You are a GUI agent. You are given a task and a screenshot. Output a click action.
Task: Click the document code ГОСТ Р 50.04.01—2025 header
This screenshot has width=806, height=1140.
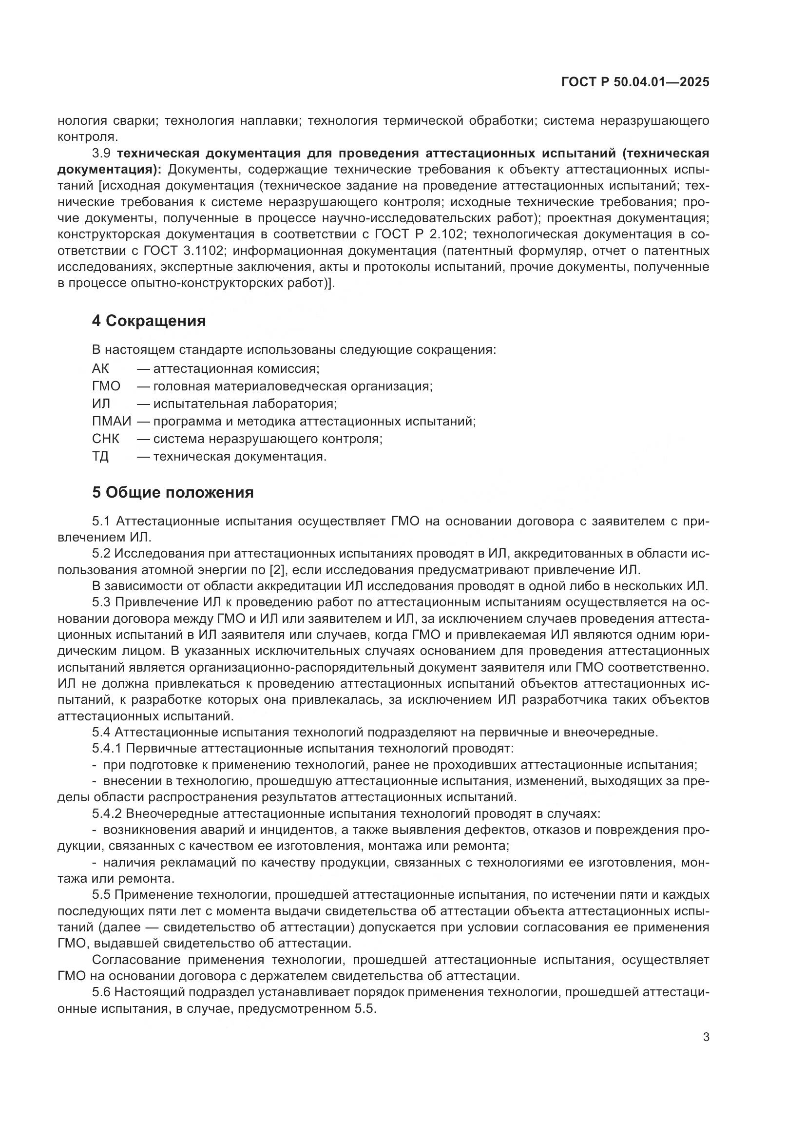click(x=635, y=82)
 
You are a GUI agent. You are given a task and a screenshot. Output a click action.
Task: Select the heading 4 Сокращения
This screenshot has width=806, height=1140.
click(x=149, y=321)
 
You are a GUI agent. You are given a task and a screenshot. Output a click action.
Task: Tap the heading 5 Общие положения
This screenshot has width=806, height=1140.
click(x=173, y=492)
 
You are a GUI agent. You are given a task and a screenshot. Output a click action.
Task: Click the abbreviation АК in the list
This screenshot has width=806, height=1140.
click(x=100, y=368)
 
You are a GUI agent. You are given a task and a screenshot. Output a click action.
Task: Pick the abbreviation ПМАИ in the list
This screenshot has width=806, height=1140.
click(x=112, y=421)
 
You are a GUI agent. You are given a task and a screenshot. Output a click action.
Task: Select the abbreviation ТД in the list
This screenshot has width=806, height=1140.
click(x=100, y=456)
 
